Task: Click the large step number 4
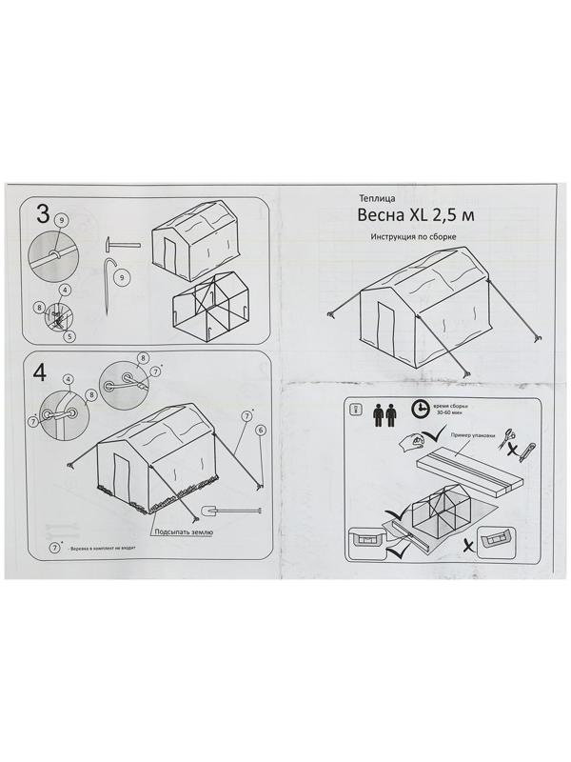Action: (40, 372)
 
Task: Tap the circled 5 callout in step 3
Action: (69, 334)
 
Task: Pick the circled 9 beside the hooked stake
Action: (120, 277)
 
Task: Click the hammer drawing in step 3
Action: (122, 245)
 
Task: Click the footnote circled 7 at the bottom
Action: (55, 548)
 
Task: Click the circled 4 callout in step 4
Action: (68, 379)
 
